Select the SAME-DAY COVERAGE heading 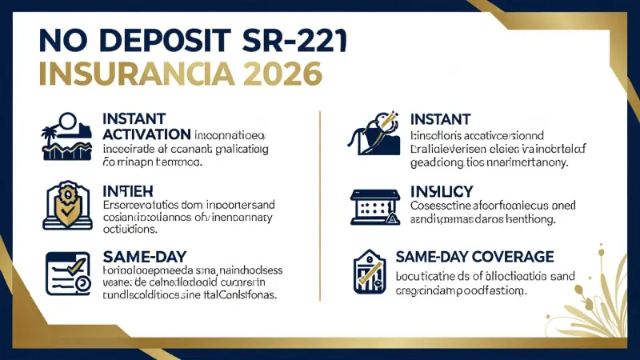click(x=474, y=257)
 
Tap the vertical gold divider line click(x=319, y=208)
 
